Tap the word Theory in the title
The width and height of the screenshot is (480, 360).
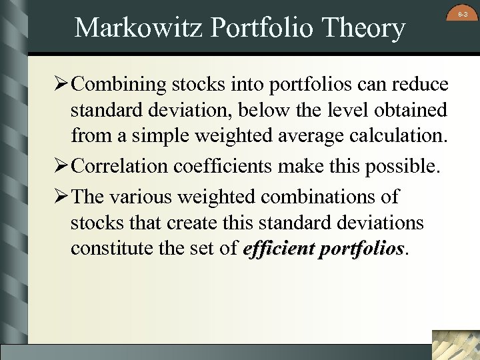tap(364, 28)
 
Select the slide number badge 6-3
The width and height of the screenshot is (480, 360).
tap(463, 14)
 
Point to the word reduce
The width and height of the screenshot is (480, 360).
tap(419, 85)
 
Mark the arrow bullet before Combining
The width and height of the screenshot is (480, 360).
tap(59, 85)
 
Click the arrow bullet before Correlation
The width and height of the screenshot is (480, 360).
tap(59, 166)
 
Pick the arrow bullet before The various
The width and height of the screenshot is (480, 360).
tap(59, 197)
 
